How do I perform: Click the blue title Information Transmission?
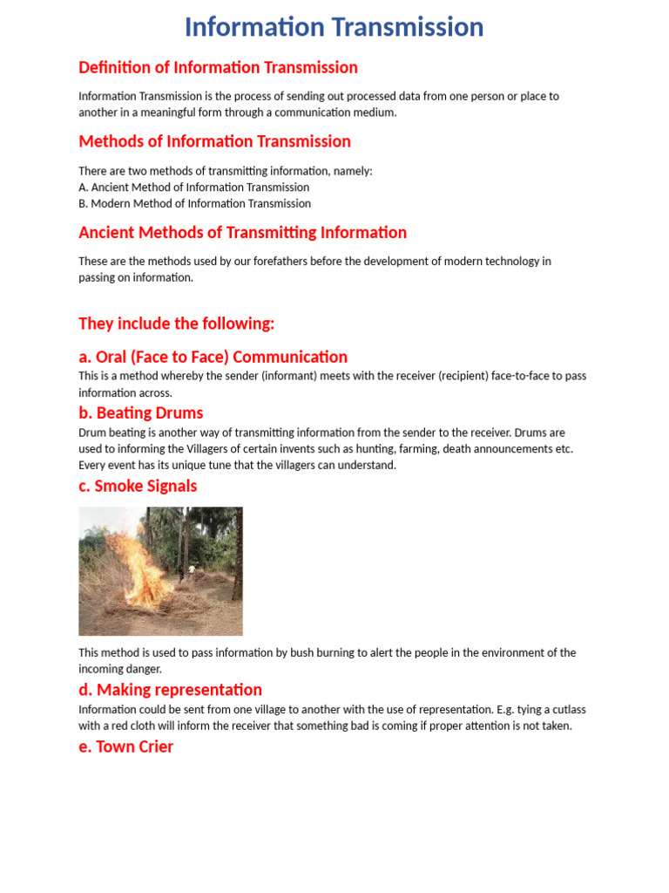point(334,27)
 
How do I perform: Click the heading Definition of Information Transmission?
point(218,67)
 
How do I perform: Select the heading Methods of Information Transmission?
point(214,141)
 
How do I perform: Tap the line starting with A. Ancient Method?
point(193,187)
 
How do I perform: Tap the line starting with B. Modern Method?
point(194,203)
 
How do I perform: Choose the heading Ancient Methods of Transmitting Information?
point(242,233)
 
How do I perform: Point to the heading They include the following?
point(176,324)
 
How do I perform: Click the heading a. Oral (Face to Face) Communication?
point(213,357)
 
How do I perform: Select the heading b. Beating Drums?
point(140,412)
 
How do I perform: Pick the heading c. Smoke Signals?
point(138,486)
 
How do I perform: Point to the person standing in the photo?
point(181,571)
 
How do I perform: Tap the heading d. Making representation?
point(170,690)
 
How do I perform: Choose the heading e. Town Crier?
point(125,746)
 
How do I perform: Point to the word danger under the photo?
point(145,669)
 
